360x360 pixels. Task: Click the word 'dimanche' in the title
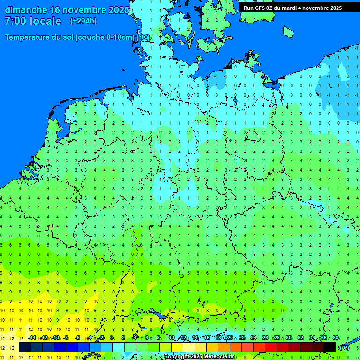click(26, 10)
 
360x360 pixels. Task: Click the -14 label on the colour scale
click(31, 338)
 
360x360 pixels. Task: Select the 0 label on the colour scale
click(112, 338)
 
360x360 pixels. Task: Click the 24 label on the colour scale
click(254, 338)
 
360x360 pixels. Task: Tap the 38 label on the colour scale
click(335, 338)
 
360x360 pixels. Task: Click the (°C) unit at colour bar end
click(345, 347)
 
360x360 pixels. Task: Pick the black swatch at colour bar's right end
click(330, 347)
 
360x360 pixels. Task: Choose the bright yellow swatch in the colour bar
click(177, 347)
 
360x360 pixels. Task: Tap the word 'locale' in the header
click(46, 21)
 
